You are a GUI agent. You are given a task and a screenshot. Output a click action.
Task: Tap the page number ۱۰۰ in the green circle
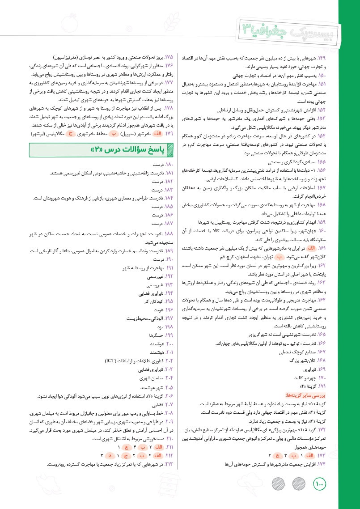point(320,483)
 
